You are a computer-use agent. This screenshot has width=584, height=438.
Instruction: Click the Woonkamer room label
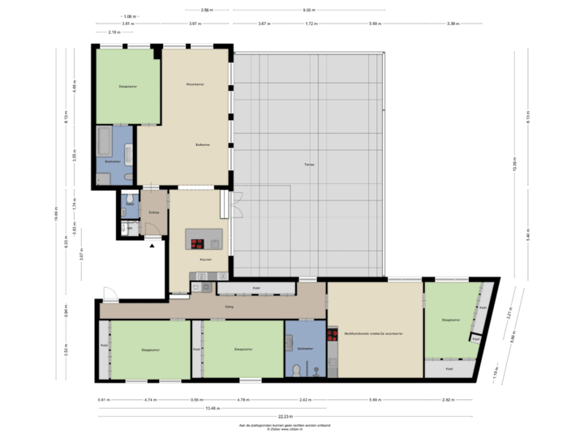[194, 84]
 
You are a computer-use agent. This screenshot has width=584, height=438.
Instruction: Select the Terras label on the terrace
[309, 164]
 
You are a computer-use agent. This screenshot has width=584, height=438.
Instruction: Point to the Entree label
[153, 213]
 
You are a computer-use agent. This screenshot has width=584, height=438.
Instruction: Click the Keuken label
[205, 260]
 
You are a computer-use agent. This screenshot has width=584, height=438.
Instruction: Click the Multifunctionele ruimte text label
[374, 333]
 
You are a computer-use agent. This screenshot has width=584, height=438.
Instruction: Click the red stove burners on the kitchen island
[197, 242]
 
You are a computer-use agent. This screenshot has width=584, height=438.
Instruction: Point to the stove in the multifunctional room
[332, 333]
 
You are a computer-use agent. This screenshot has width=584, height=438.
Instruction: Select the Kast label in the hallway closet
[255, 288]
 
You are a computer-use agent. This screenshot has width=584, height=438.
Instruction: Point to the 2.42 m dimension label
[304, 399]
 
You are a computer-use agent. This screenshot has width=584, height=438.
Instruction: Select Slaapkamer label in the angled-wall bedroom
[451, 320]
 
